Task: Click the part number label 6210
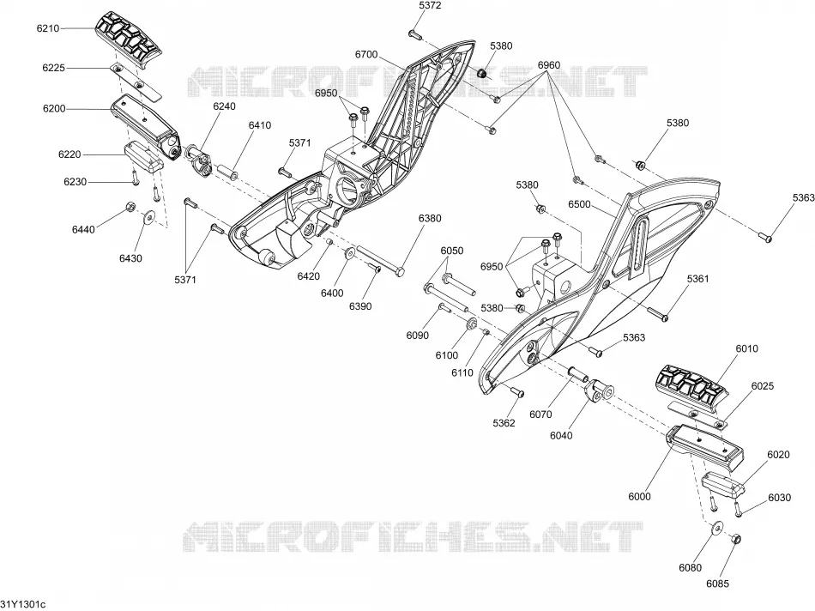pyautogui.click(x=48, y=28)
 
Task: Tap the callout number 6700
pyautogui.click(x=366, y=55)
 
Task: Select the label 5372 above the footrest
pyautogui.click(x=430, y=6)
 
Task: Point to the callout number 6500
pyautogui.click(x=579, y=204)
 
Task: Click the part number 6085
pyautogui.click(x=717, y=584)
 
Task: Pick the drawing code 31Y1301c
pyautogui.click(x=23, y=604)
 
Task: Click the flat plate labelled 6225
pyautogui.click(x=136, y=82)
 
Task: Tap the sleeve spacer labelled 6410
pyautogui.click(x=228, y=172)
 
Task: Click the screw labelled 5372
pyautogui.click(x=414, y=35)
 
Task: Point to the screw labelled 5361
pyautogui.click(x=657, y=313)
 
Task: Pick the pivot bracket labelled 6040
pyautogui.click(x=600, y=391)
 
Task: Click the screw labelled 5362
pyautogui.click(x=517, y=391)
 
